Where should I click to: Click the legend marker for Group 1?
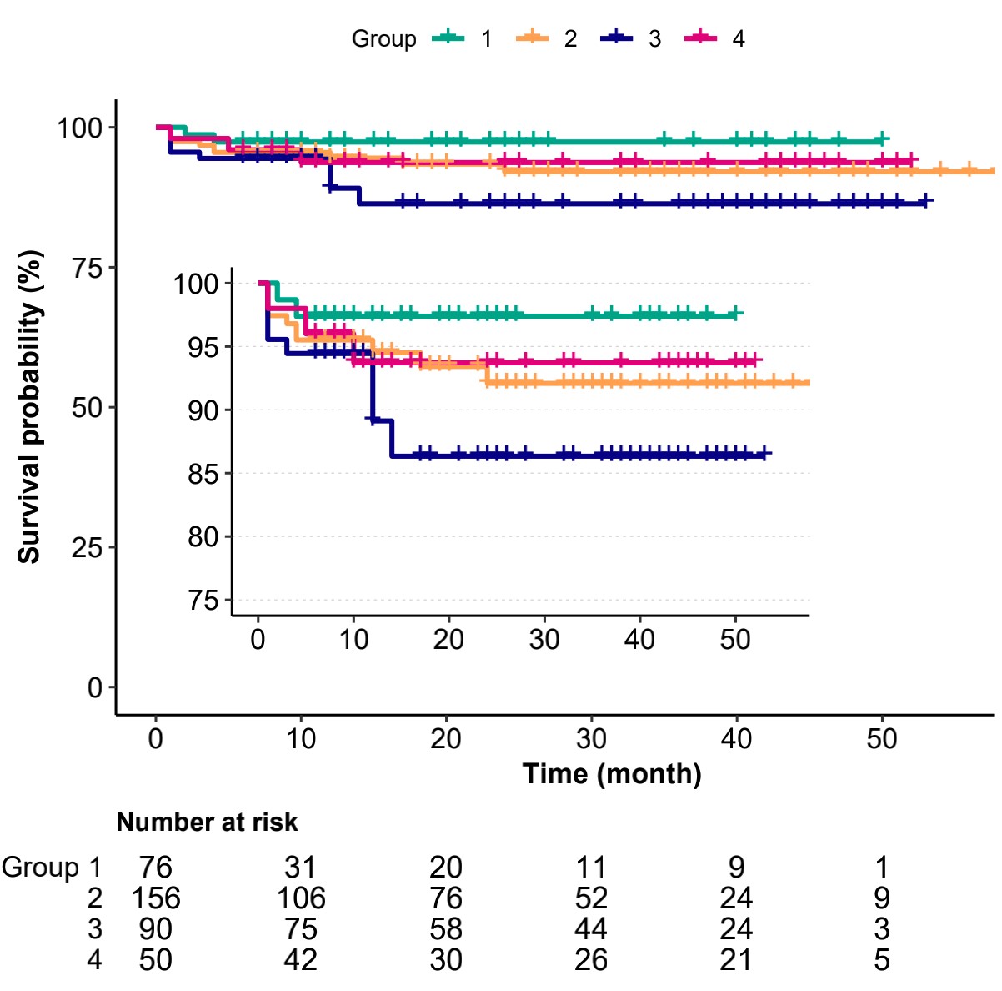(448, 38)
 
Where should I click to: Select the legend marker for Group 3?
(616, 38)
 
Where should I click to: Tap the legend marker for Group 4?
(700, 38)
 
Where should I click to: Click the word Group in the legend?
(383, 39)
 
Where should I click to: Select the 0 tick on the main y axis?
(94, 688)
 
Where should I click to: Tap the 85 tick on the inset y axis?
(202, 474)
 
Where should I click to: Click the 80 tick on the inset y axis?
(202, 537)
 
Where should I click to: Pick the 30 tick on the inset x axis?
(544, 640)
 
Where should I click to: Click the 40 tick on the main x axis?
(736, 739)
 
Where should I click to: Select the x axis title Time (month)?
(612, 774)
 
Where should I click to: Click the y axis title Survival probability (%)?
(30, 408)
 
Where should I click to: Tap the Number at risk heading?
(207, 822)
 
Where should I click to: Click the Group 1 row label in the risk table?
(51, 868)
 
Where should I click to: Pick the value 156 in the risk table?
(156, 898)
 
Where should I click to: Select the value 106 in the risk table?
(301, 898)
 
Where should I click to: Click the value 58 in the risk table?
(446, 929)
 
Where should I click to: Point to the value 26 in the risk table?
(591, 960)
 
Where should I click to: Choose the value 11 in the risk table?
(591, 868)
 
